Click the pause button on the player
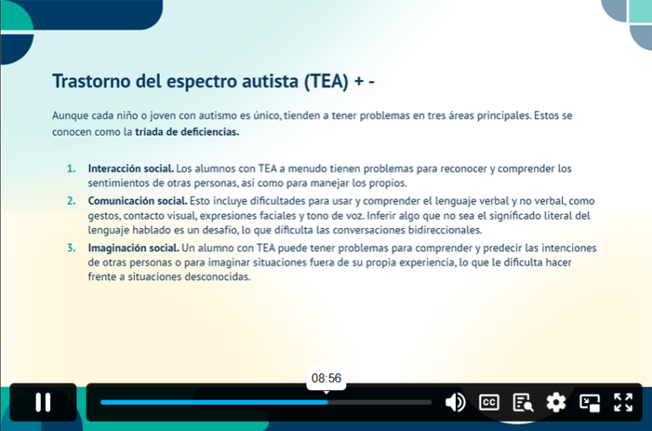(x=42, y=402)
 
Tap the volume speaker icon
(x=455, y=402)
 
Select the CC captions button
(x=489, y=402)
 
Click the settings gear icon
(x=556, y=402)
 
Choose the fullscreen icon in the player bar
(x=623, y=402)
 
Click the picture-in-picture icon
(x=590, y=402)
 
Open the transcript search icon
(x=522, y=402)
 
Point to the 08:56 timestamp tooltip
(x=326, y=378)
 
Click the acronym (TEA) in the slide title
(x=324, y=81)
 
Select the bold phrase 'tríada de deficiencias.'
(x=187, y=132)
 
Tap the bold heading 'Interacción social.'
(x=131, y=169)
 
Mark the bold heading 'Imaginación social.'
(x=133, y=248)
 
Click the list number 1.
(x=71, y=169)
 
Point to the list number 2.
(x=71, y=201)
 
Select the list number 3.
(x=71, y=248)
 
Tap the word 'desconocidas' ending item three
(x=219, y=277)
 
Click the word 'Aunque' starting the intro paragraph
(x=70, y=115)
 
